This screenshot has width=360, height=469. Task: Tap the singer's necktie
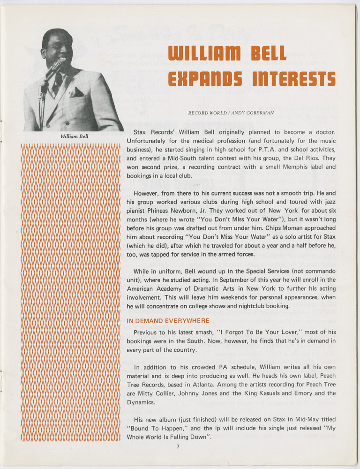click(x=58, y=84)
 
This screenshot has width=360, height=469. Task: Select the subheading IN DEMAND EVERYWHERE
click(x=168, y=321)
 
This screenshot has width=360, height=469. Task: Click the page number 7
click(x=178, y=446)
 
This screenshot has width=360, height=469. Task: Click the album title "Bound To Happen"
click(x=155, y=428)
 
